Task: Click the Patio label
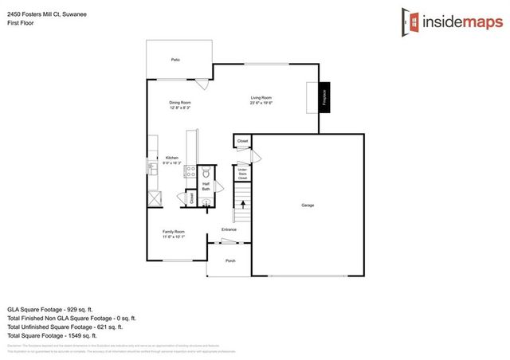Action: click(x=175, y=60)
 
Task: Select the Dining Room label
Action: click(x=179, y=104)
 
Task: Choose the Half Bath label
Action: click(x=206, y=186)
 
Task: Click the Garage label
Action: click(x=308, y=205)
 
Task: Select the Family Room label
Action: click(x=174, y=234)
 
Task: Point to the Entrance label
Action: click(x=229, y=230)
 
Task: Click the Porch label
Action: click(x=230, y=260)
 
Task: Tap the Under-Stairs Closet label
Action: click(x=242, y=175)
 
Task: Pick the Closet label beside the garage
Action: click(x=243, y=141)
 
